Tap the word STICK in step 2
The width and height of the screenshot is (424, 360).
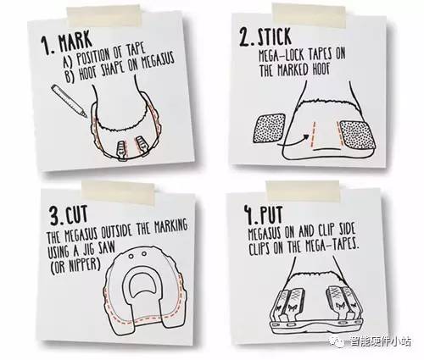(275, 37)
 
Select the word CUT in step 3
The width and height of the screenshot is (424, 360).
(76, 214)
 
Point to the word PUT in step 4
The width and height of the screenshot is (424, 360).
(271, 216)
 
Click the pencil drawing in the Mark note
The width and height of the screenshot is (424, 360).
(69, 101)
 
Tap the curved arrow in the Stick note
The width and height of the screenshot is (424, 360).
(294, 141)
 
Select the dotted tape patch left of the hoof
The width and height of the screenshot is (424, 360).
(270, 128)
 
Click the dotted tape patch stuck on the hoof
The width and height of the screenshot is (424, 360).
(358, 135)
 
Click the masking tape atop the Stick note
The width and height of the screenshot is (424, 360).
(309, 15)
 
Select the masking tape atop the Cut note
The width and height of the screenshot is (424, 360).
(119, 193)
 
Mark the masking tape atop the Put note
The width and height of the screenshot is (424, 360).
(303, 191)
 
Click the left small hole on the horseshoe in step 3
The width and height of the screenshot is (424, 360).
(131, 256)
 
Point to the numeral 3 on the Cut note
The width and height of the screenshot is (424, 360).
(55, 215)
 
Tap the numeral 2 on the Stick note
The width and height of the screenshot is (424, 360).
(245, 38)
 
